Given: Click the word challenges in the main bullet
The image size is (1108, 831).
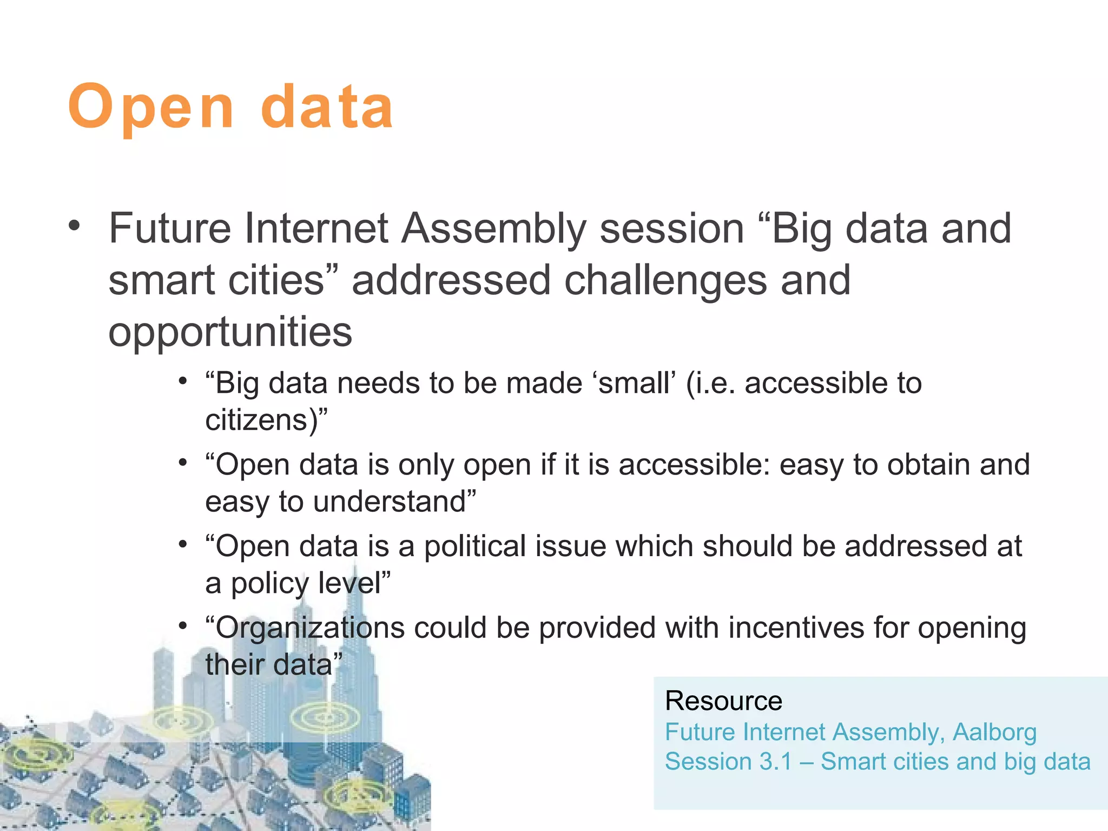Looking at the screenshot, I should click(665, 281).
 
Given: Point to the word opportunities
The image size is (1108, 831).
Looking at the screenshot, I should click(230, 332).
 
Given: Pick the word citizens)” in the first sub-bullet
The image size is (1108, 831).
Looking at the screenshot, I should click(266, 420).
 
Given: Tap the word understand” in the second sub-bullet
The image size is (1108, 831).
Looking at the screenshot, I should click(394, 502).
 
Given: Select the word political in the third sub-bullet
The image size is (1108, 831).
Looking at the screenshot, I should click(475, 546).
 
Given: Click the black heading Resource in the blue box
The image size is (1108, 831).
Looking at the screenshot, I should click(723, 701).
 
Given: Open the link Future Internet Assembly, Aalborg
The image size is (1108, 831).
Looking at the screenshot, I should click(850, 733).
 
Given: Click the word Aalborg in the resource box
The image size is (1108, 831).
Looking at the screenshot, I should click(994, 733).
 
